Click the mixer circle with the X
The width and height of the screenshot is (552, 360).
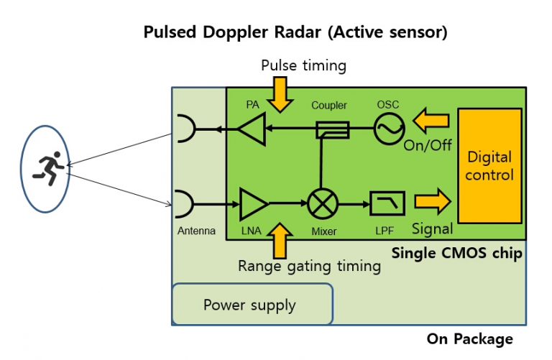tap(322, 204)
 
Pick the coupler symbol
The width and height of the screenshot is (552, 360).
tap(332, 129)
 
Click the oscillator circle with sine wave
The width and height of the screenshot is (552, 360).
tap(388, 129)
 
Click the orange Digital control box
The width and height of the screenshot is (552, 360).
tap(489, 165)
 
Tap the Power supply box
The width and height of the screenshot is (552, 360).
tap(252, 305)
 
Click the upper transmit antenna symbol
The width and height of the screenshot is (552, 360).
tap(184, 129)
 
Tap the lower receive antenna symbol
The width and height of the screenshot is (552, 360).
tap(184, 204)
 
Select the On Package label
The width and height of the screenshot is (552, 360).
tap(470, 338)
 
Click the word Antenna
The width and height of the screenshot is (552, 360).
tap(196, 231)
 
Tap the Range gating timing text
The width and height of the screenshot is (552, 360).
tap(309, 266)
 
